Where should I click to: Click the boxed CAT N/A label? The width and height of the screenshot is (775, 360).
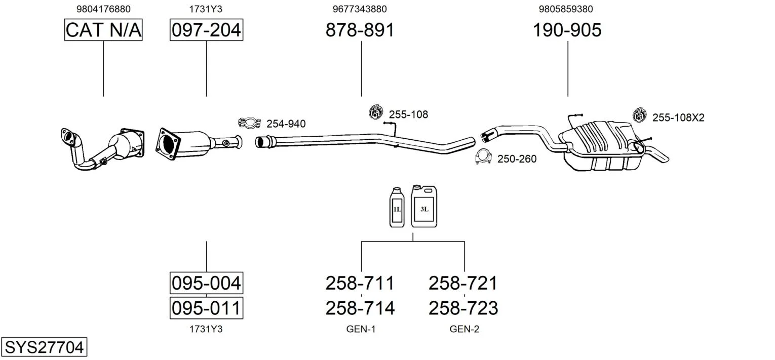pyautogui.click(x=103, y=30)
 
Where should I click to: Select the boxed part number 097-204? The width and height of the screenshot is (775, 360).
pyautogui.click(x=206, y=30)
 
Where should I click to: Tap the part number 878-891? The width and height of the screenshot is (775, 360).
pyautogui.click(x=360, y=30)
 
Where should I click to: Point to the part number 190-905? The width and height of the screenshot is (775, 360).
pyautogui.click(x=567, y=30)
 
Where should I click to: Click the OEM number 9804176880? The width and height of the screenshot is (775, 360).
pyautogui.click(x=103, y=9)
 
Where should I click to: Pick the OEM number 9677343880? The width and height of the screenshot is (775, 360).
pyautogui.click(x=360, y=9)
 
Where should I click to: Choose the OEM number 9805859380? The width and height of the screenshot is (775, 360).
pyautogui.click(x=567, y=9)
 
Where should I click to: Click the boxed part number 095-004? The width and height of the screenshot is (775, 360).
pyautogui.click(x=206, y=283)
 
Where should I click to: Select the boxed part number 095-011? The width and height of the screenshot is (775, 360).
pyautogui.click(x=206, y=308)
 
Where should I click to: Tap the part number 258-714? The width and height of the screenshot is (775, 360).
pyautogui.click(x=360, y=308)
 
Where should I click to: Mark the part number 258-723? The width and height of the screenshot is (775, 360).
pyautogui.click(x=463, y=308)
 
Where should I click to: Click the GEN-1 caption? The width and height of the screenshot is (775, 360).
pyautogui.click(x=361, y=329)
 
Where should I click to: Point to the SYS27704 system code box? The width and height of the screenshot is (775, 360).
pyautogui.click(x=44, y=347)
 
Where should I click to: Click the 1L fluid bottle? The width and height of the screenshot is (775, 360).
pyautogui.click(x=397, y=207)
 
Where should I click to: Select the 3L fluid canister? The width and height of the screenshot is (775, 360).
pyautogui.click(x=424, y=206)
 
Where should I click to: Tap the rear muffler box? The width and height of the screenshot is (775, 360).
pyautogui.click(x=598, y=144)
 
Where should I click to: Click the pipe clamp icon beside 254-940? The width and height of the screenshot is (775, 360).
pyautogui.click(x=249, y=123)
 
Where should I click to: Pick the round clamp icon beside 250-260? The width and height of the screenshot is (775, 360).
pyautogui.click(x=484, y=157)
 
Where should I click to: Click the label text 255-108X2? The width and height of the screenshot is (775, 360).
pyautogui.click(x=678, y=118)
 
